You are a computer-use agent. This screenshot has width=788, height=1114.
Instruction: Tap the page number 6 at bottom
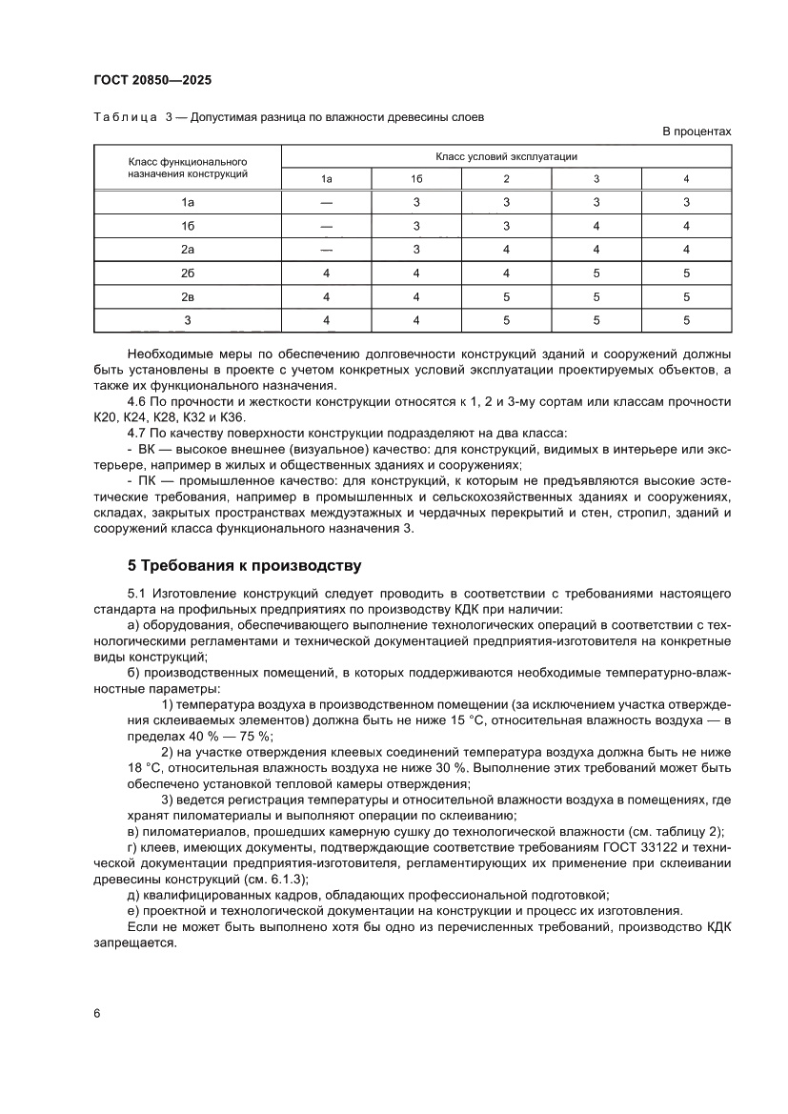(x=97, y=1013)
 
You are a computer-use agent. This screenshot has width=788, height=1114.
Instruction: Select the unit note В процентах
(x=697, y=132)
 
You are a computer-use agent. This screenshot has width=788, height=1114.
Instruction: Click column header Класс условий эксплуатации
(x=506, y=156)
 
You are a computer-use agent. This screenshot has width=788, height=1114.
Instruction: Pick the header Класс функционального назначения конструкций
(x=188, y=168)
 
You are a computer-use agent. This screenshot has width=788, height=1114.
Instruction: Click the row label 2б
(x=188, y=273)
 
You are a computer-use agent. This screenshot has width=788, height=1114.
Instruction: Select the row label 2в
(x=188, y=296)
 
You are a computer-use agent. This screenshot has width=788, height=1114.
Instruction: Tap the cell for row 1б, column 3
(x=596, y=226)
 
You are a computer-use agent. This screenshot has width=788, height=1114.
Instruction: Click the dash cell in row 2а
(x=327, y=250)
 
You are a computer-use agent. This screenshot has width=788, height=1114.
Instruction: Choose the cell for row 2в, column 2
(x=506, y=296)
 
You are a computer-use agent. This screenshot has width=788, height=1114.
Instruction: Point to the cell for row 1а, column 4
(x=686, y=202)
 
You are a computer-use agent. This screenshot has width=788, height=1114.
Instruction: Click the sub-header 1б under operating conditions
(x=416, y=179)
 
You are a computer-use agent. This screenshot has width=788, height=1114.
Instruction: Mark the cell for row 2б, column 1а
(x=327, y=273)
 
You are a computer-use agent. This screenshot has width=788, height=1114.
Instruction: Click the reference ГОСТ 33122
(x=636, y=849)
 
